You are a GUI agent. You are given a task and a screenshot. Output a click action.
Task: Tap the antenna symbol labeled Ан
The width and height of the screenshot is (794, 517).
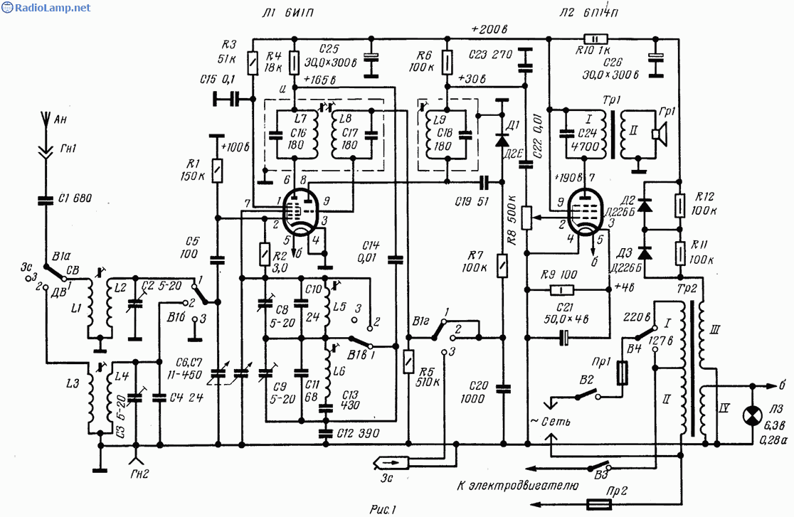point(44,120)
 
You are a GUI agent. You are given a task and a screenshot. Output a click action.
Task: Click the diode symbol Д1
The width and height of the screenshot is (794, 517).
point(502,134)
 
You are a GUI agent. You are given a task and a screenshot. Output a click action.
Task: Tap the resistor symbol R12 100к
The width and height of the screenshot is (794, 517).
point(680,206)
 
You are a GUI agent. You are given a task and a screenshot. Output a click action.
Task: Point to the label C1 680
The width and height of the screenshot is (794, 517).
point(75,198)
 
